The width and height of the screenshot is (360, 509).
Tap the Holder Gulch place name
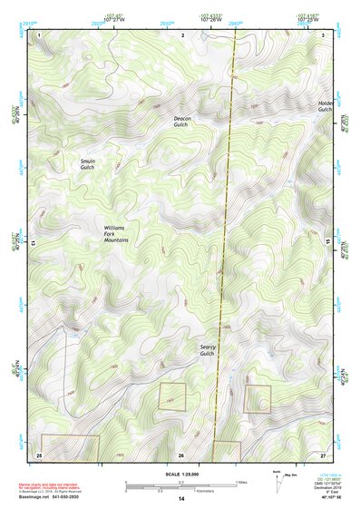pyautogui.click(x=326, y=106)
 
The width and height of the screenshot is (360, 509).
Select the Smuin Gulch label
pyautogui.click(x=87, y=163)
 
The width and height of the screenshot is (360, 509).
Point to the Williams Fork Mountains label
pyautogui.click(x=115, y=233)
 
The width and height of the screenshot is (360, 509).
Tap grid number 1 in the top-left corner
pyautogui.click(x=40, y=34)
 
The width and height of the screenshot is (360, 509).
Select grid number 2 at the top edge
pyautogui.click(x=182, y=34)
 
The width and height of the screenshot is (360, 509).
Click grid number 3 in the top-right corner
pyautogui.click(x=324, y=34)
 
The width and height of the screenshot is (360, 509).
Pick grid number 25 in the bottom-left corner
pyautogui.click(x=39, y=453)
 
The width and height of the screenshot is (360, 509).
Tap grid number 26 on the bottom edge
pyautogui.click(x=181, y=454)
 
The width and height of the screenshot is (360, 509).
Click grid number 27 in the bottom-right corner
pyautogui.click(x=323, y=453)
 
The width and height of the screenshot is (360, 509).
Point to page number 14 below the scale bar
pyautogui.click(x=181, y=499)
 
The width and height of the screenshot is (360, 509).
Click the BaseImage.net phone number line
pyautogui.click(x=50, y=495)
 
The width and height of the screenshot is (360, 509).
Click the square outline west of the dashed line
pyautogui.click(x=171, y=396)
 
